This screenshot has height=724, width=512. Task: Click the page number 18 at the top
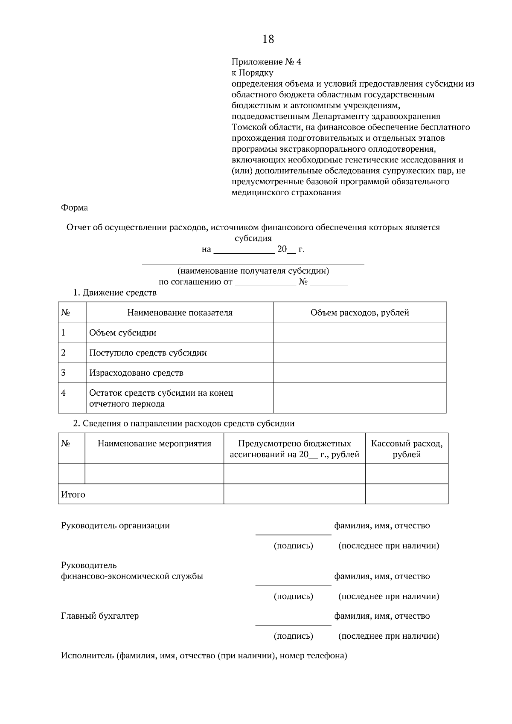point(268,39)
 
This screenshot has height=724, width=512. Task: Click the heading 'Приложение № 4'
point(266,62)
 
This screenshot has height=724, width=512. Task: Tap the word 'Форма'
point(74,208)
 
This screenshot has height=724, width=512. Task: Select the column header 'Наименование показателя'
point(180,313)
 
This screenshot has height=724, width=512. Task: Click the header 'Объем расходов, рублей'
point(360,313)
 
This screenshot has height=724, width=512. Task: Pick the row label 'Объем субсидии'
point(122,333)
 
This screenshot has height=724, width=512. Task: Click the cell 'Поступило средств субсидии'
point(148,353)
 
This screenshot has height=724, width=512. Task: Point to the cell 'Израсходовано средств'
point(136,373)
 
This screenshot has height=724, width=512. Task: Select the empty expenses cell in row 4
point(360,398)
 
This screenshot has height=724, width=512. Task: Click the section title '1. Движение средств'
point(115,292)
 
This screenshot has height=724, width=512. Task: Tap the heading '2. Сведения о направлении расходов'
point(183,423)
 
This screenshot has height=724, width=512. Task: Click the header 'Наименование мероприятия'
point(154,443)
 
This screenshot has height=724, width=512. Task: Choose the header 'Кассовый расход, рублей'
point(407,449)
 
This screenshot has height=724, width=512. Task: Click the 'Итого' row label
point(73,495)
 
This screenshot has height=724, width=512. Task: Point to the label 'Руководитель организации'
point(115,525)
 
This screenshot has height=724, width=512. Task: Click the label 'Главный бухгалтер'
point(100,616)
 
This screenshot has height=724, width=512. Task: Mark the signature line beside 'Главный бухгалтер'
point(293,625)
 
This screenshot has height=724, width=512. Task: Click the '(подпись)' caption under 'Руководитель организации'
point(293,546)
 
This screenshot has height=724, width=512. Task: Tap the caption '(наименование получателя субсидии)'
point(253,271)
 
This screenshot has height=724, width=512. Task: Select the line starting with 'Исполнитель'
point(204,656)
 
